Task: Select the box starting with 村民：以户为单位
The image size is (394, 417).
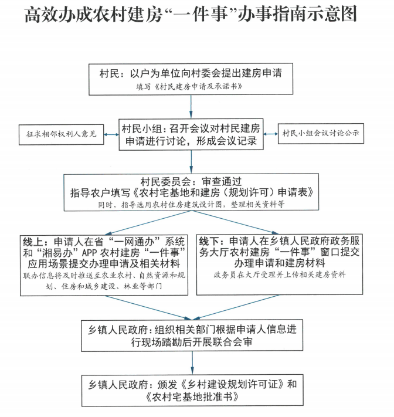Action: (191, 78)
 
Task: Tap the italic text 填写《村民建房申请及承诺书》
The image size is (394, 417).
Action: (191, 86)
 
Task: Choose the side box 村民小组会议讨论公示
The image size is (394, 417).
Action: (320, 134)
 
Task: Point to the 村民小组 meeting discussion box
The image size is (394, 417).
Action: (191, 134)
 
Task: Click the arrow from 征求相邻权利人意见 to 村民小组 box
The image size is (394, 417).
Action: (110, 134)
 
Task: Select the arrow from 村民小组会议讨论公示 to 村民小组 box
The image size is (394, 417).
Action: (270, 134)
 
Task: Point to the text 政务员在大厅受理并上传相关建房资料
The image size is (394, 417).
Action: (280, 274)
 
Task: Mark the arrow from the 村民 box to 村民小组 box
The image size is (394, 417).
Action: (191, 106)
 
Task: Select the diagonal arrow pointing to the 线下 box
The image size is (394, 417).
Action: (235, 222)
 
